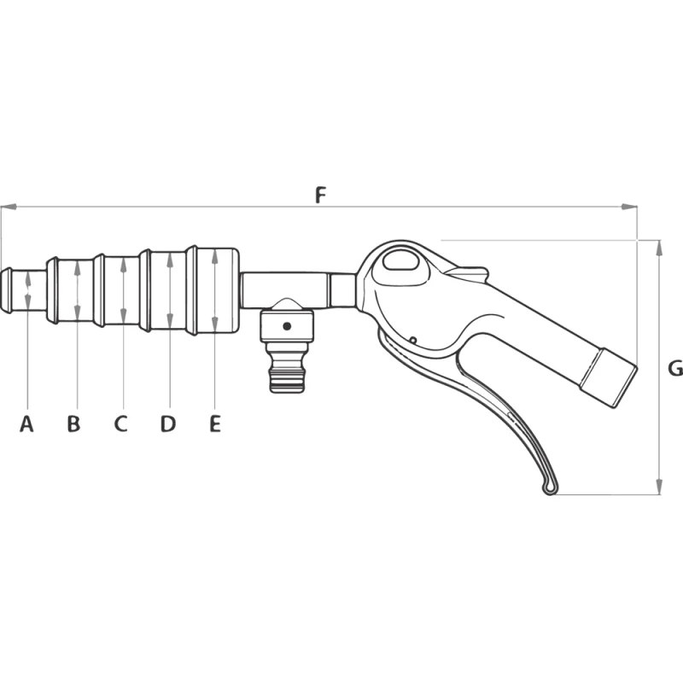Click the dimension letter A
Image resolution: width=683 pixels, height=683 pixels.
click(x=26, y=423)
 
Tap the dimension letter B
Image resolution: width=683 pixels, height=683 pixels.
click(x=73, y=423)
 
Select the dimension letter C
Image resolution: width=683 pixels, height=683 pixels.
click(x=120, y=423)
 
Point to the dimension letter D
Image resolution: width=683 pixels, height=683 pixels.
click(x=168, y=423)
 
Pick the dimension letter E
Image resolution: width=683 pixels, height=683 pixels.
click(x=215, y=423)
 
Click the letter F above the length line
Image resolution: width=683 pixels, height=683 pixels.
click(x=321, y=196)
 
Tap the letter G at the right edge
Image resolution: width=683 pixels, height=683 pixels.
click(x=675, y=369)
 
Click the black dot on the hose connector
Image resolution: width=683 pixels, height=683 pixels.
click(x=287, y=326)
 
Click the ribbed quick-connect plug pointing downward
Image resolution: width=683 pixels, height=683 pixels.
click(x=286, y=369)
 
